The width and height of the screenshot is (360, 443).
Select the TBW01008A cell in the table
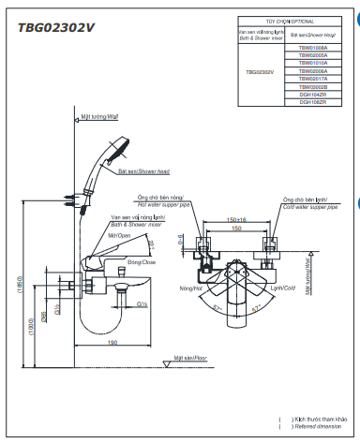[x=313, y=45]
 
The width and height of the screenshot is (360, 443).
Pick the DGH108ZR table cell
[x=313, y=101]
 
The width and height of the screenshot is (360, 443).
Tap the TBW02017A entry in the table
[x=313, y=80]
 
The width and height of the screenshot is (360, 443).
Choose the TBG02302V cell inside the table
[x=260, y=71]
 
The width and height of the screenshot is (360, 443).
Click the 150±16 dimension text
[x=235, y=221]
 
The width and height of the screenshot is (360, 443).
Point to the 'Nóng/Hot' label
[x=191, y=288]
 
